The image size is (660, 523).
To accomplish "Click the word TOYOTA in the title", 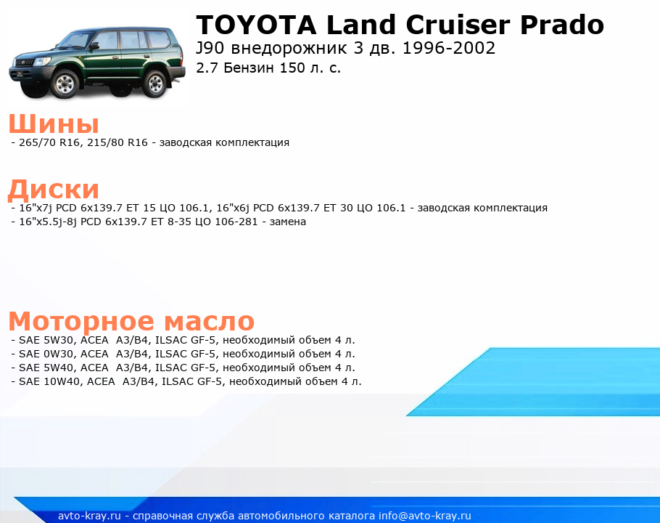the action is pyautogui.click(x=256, y=25).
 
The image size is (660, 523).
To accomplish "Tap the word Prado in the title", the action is pyautogui.click(x=562, y=25).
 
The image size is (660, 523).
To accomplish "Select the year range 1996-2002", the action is pyautogui.click(x=449, y=49).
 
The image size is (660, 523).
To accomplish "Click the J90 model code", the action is pyautogui.click(x=210, y=49).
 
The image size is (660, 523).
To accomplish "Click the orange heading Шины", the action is pyautogui.click(x=54, y=124).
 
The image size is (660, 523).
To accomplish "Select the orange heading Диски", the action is pyautogui.click(x=54, y=189).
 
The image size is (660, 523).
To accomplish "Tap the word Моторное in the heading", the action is pyautogui.click(x=81, y=322).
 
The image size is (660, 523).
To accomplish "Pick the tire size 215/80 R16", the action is pyautogui.click(x=117, y=142).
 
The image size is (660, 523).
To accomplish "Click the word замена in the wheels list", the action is pyautogui.click(x=287, y=222).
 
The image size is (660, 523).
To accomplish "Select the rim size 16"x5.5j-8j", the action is pyautogui.click(x=48, y=222).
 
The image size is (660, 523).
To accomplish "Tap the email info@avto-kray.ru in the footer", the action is pyautogui.click(x=425, y=516).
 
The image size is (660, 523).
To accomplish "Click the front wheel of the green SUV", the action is pyautogui.click(x=65, y=84).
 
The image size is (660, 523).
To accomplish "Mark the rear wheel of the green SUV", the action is pyautogui.click(x=154, y=83).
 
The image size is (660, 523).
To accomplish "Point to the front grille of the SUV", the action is pyautogui.click(x=25, y=62).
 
